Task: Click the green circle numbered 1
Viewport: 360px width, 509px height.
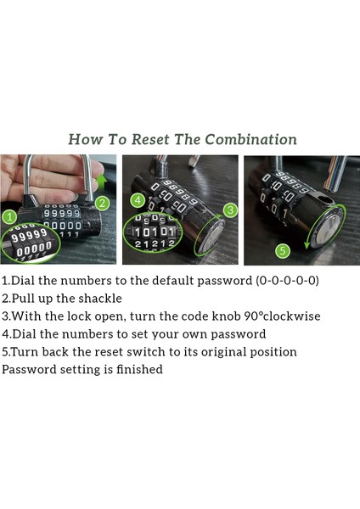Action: (10, 217)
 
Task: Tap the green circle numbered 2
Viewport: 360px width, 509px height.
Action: (102, 204)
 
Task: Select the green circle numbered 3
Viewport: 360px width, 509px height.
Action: (230, 210)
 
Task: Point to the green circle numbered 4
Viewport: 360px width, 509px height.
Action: (138, 200)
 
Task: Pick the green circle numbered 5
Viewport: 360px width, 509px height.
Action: (283, 251)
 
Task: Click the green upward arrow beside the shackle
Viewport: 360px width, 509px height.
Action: (102, 182)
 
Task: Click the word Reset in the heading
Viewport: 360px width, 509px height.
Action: (149, 140)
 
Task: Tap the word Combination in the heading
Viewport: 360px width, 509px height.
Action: (250, 140)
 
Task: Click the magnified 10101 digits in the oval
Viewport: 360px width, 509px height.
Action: (155, 232)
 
